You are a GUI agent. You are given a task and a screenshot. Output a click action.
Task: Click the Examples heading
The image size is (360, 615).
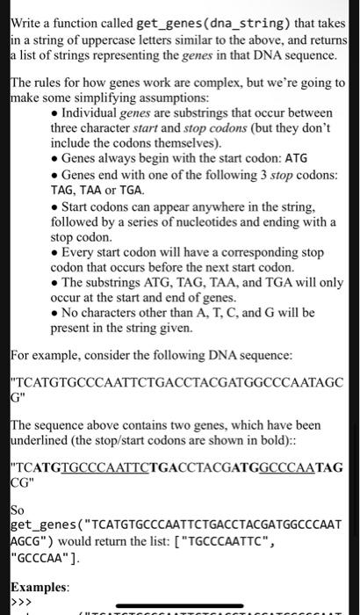coord(38,585)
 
